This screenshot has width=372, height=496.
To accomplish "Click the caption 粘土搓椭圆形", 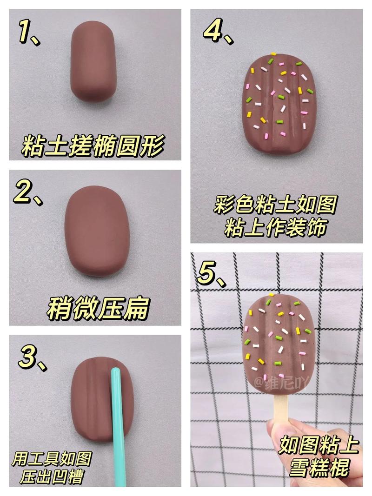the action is [x=93, y=146].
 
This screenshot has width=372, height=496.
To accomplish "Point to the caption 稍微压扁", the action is [x=98, y=308].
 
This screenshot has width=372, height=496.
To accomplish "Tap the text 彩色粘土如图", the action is [x=275, y=205].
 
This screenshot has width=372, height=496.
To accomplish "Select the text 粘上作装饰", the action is [x=274, y=228].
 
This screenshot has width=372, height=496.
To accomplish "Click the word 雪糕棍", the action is [x=320, y=468].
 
